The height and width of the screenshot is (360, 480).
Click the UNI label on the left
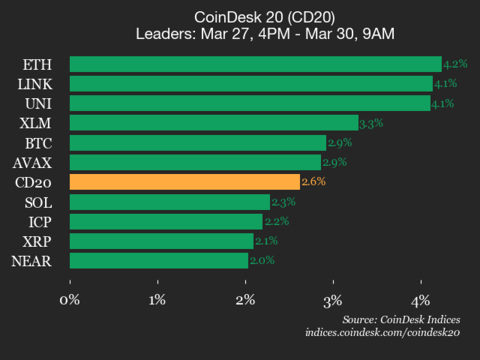pos(39,103)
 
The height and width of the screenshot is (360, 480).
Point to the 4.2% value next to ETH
pos(455,65)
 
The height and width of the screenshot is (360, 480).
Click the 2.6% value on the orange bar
pos(313,182)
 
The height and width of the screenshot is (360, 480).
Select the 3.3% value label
pos(372,123)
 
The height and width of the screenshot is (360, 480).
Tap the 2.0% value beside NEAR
pos(262,260)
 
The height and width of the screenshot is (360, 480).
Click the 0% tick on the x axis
pos(70,299)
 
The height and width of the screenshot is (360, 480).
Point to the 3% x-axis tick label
pos(333,299)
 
